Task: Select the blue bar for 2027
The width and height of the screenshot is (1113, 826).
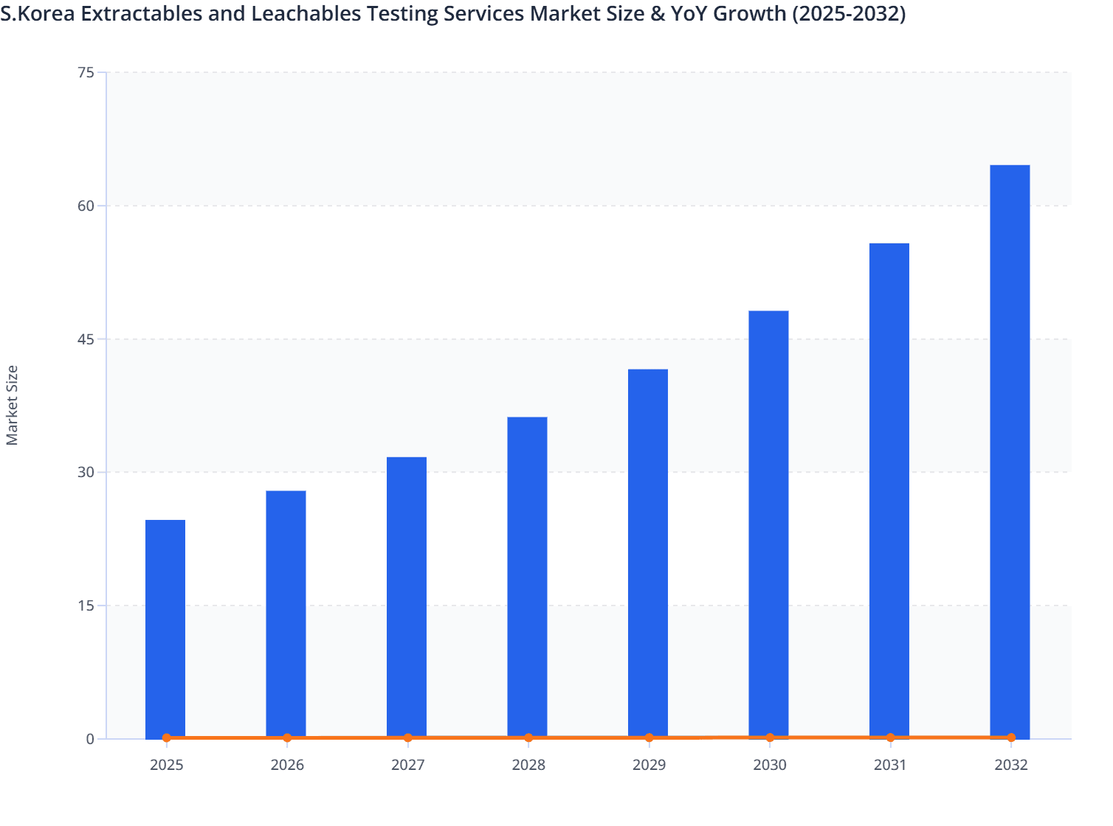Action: point(407,597)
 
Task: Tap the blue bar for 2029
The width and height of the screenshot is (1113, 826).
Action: point(648,553)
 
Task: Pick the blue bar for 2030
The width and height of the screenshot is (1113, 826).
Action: point(768,524)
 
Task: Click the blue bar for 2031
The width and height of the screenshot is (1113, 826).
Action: point(889,490)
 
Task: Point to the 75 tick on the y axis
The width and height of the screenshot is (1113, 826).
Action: point(86,72)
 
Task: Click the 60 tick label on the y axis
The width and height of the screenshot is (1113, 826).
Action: point(86,206)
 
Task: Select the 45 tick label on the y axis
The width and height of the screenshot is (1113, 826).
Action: point(86,339)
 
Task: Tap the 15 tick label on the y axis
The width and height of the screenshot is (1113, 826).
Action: point(86,605)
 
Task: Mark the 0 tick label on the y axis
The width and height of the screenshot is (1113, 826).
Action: point(90,739)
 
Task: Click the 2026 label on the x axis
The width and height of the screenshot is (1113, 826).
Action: point(287,765)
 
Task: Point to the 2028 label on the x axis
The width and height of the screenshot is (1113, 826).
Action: point(528,765)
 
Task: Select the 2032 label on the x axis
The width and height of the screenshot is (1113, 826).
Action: point(1010,765)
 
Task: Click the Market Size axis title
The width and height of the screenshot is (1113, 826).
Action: point(13,405)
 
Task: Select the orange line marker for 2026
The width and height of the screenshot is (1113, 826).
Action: point(287,737)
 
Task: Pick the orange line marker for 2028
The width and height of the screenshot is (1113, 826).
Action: point(528,737)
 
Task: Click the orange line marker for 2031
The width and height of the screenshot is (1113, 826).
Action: point(890,737)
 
